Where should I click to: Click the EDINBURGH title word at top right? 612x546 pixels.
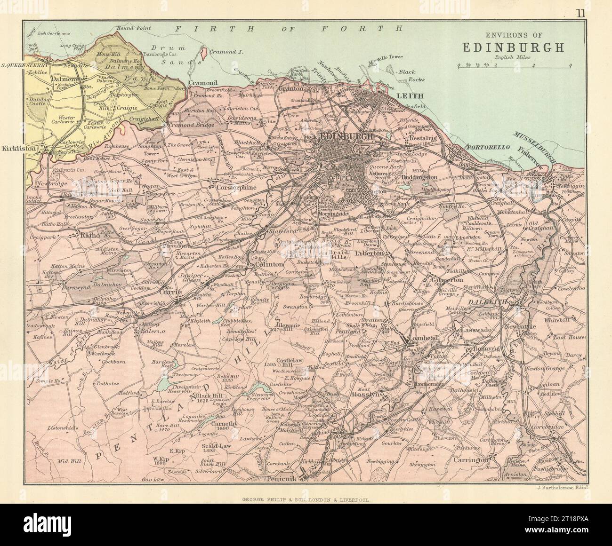coord(514,48)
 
